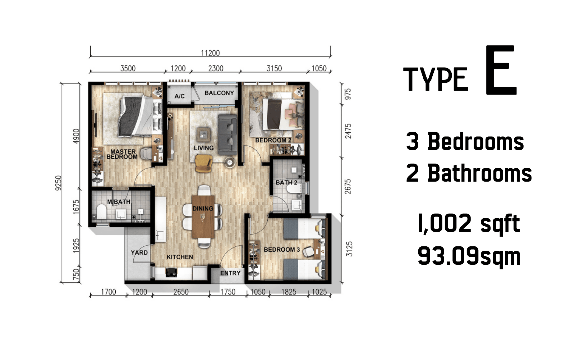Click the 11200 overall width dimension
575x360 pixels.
210,53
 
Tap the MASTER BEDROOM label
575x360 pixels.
122,154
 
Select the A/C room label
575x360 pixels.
179,96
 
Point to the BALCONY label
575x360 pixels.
219,93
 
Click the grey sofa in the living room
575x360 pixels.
227,135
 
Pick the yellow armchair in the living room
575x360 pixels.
204,163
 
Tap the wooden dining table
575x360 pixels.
203,217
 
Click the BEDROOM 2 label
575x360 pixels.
273,140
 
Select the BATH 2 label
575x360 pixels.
286,182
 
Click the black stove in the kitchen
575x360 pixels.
171,272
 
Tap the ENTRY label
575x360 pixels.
230,273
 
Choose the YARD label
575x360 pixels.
139,252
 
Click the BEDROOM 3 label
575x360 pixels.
282,250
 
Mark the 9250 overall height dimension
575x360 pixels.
59,183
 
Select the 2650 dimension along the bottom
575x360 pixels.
181,292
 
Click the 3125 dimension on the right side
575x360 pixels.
349,249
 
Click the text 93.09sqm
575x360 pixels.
469,256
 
